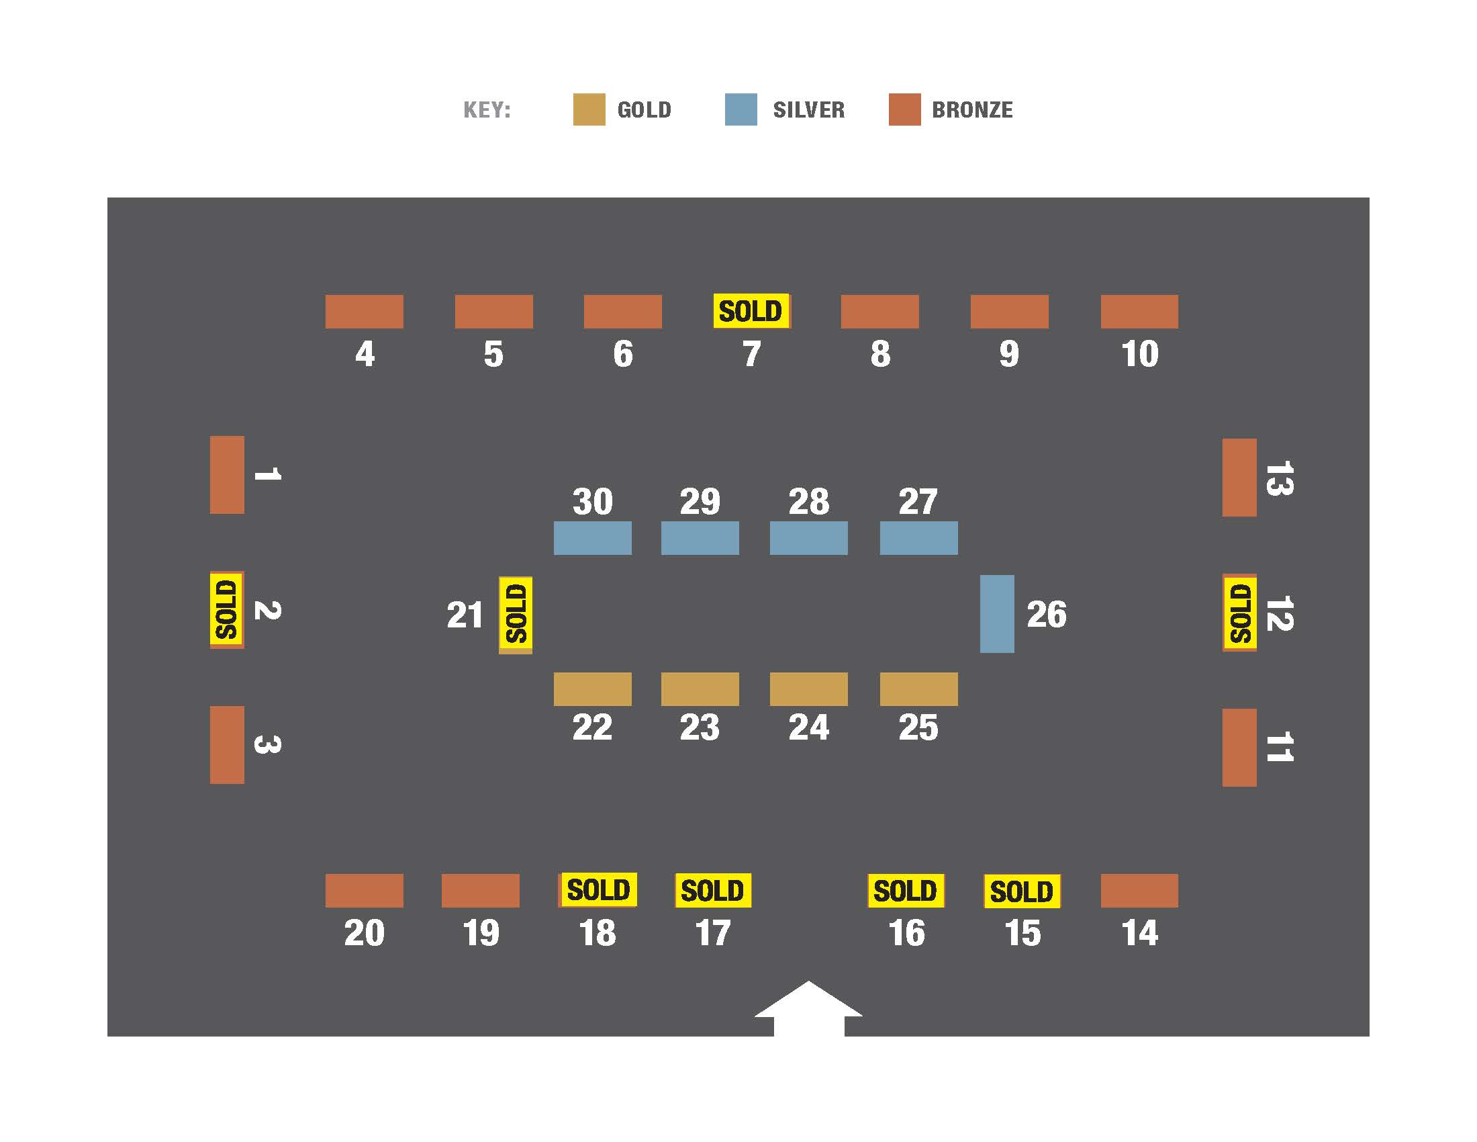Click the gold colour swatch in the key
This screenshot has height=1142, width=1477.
pos(588,109)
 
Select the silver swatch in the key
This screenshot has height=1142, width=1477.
pos(741,109)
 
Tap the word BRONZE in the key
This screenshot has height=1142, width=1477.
pos(972,109)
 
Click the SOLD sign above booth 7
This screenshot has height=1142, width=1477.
pos(751,311)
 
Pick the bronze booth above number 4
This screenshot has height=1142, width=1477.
pos(364,311)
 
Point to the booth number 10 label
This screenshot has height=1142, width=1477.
pos(1139,354)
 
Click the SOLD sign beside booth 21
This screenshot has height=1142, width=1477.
pos(516,613)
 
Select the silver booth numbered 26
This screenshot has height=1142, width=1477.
pos(997,613)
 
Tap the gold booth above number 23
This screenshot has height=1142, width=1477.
pos(700,689)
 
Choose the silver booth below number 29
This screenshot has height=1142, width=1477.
pos(700,538)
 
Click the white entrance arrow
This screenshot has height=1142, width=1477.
pos(809,1008)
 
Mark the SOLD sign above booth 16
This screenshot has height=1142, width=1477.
pos(906,890)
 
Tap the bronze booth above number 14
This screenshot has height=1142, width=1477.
pos(1139,890)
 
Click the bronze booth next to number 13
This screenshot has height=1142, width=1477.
pos(1239,477)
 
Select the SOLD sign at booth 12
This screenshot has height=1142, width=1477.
pos(1239,613)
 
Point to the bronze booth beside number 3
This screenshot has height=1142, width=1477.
pos(227,745)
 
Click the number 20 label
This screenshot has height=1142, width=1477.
pos(364,933)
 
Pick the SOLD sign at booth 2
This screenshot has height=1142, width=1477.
pos(226,609)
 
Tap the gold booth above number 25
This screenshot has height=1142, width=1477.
pos(918,689)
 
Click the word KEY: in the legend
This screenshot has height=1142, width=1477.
pos(487,109)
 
